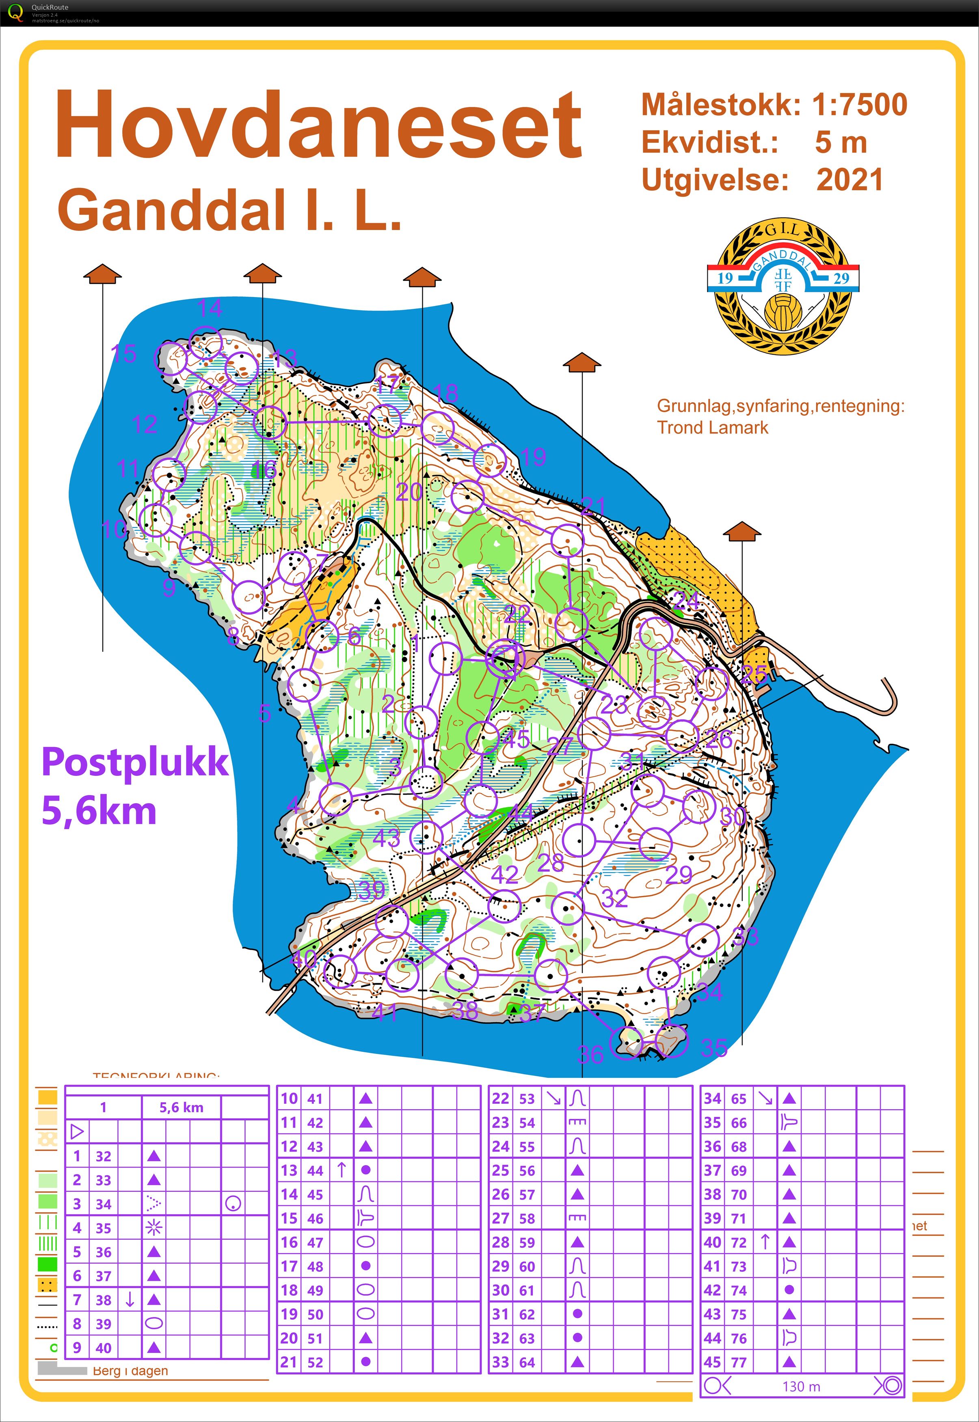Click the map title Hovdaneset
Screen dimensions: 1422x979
[318, 125]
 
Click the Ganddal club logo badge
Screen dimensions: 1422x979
[783, 286]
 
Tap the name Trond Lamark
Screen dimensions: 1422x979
[712, 427]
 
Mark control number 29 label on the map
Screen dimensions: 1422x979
[679, 874]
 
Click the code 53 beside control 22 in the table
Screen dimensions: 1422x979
[527, 1099]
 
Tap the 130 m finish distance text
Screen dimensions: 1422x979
[801, 1386]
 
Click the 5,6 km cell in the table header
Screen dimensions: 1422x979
[181, 1107]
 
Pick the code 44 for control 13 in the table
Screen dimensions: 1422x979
[315, 1171]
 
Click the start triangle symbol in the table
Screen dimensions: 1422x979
[77, 1131]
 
